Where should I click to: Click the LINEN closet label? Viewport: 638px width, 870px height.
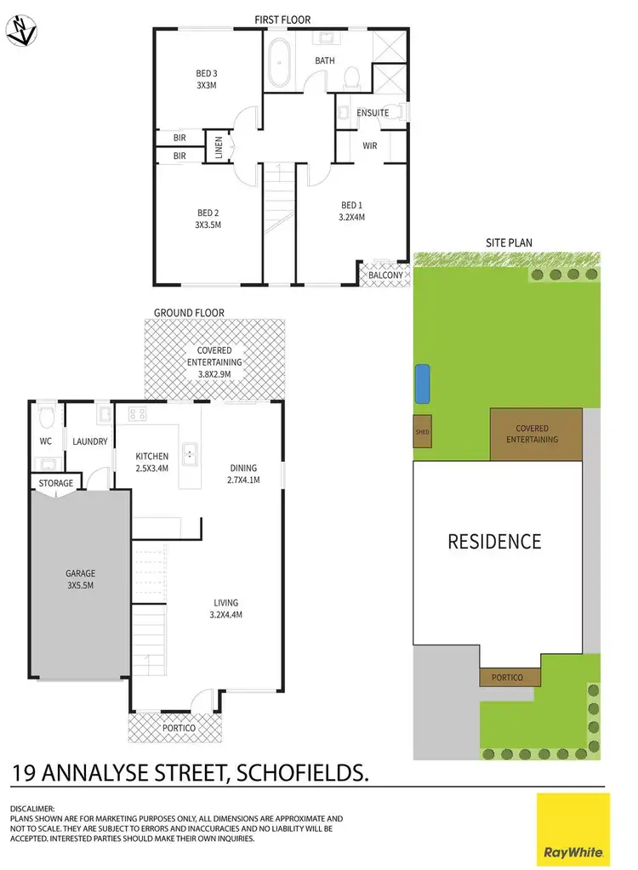pyautogui.click(x=219, y=149)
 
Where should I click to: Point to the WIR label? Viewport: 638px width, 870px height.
pyautogui.click(x=369, y=146)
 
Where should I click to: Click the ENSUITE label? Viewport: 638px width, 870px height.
pyautogui.click(x=373, y=112)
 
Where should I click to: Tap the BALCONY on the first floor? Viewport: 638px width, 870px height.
pyautogui.click(x=385, y=275)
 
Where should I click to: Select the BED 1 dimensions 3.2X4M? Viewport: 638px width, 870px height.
pyautogui.click(x=351, y=217)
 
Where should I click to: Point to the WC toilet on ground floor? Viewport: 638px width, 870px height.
pyautogui.click(x=48, y=417)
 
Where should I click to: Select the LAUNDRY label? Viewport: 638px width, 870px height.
pyautogui.click(x=89, y=441)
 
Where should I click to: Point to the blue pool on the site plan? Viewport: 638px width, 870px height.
pyautogui.click(x=422, y=384)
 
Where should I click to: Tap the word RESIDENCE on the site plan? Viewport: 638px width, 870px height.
pyautogui.click(x=494, y=541)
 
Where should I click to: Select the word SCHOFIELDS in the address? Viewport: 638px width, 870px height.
pyautogui.click(x=305, y=773)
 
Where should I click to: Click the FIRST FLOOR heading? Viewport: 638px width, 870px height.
pyautogui.click(x=282, y=19)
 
